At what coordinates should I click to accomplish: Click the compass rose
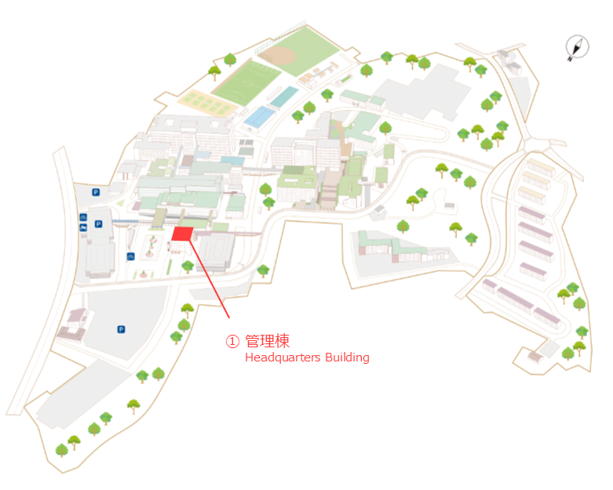coord(577,48)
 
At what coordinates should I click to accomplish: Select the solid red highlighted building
coord(182,234)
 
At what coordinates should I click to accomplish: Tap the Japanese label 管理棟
coord(268,341)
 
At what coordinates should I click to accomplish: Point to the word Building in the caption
coord(347,358)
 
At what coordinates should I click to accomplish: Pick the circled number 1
coord(232,341)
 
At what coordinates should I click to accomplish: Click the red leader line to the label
coord(210,279)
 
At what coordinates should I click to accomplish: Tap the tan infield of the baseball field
coord(279,56)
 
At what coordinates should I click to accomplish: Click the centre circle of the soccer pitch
coord(246,83)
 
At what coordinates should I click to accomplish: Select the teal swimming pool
coord(284,97)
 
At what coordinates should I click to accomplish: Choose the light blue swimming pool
coord(259,117)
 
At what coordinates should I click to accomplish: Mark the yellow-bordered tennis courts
coord(206,103)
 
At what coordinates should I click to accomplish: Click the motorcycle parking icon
coord(83,227)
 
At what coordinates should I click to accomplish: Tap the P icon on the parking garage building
coord(99,224)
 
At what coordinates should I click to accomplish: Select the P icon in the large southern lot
coord(121,329)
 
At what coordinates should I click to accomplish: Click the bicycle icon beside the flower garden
coord(130,256)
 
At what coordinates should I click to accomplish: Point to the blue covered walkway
coord(126,222)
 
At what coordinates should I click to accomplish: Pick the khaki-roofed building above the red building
coord(159,218)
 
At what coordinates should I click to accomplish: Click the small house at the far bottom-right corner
coord(535,357)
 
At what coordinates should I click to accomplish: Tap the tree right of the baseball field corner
coord(367,71)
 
